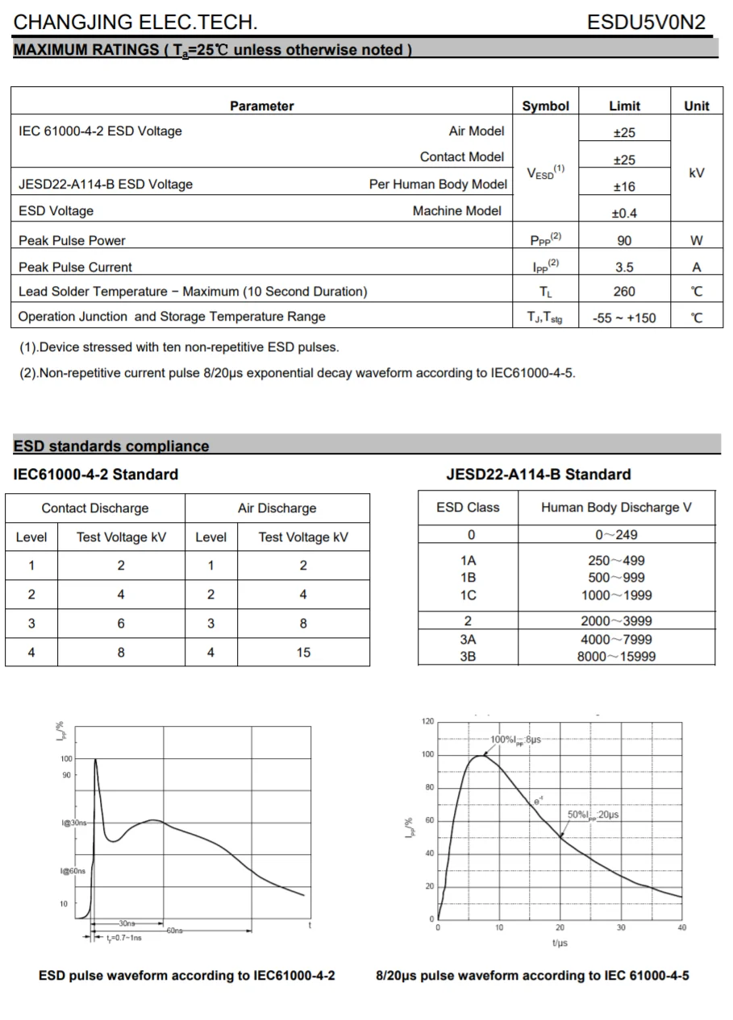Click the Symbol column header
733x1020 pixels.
tap(545, 106)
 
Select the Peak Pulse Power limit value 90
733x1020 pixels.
tap(624, 240)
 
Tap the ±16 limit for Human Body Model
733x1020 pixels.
tap(624, 187)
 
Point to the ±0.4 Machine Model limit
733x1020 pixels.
tap(624, 214)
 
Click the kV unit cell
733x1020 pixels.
tap(697, 172)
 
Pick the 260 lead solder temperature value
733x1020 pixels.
tap(624, 292)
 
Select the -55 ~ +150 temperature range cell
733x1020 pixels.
tap(624, 317)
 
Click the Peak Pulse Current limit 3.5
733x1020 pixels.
tap(624, 267)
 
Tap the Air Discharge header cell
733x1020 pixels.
tap(277, 508)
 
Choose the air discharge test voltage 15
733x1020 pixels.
tap(303, 653)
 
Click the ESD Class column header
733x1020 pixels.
tap(468, 508)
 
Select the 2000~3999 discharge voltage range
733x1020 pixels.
tap(616, 621)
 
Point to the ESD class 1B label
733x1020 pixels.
tap(468, 578)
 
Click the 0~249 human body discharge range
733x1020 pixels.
tap(616, 535)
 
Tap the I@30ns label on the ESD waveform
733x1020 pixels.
tap(73, 823)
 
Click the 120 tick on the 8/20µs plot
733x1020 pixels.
tap(427, 722)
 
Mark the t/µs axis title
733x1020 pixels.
tap(560, 943)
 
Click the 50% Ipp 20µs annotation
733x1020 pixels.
tap(593, 815)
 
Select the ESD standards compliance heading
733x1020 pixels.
tap(111, 446)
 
